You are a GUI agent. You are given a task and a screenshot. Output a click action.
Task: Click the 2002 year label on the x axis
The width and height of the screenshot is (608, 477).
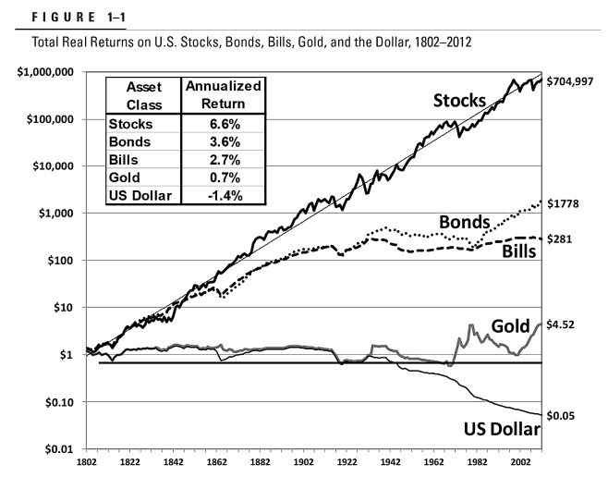coord(521,463)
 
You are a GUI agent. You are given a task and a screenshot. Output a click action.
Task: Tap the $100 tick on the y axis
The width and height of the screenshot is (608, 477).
coord(65,261)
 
